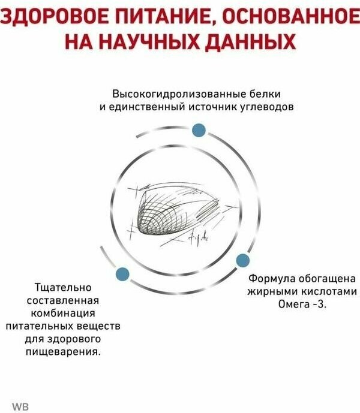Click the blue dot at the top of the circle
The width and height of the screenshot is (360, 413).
[199, 130]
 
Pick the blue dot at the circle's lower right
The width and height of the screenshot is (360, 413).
[242, 260]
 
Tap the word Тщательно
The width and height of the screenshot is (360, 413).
[64, 288]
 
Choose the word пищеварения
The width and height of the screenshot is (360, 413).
[64, 351]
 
